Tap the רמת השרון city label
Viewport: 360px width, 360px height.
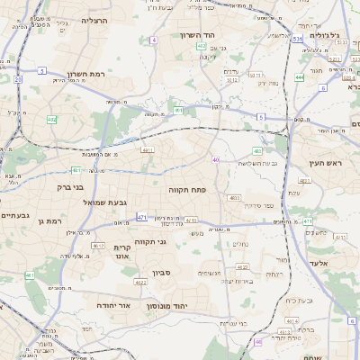click(86, 74)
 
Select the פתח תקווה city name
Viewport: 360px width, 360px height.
click(187, 190)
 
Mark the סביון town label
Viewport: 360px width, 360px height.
click(161, 271)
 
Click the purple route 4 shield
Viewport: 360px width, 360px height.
click(154, 40)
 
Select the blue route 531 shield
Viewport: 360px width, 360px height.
click(297, 40)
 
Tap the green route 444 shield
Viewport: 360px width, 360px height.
click(299, 77)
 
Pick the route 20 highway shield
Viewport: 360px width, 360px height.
click(17, 79)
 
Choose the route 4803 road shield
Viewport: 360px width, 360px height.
click(235, 197)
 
